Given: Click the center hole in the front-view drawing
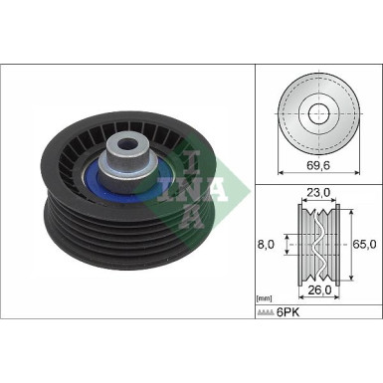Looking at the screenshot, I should point(318,111).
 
